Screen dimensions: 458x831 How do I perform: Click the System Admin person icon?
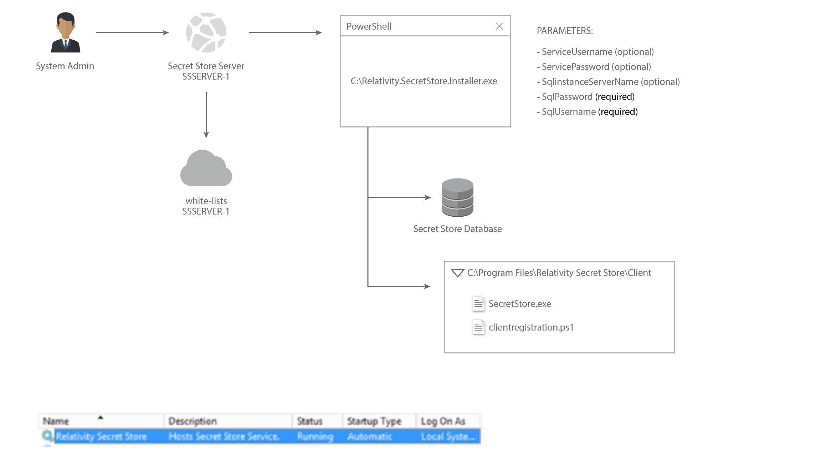(65, 32)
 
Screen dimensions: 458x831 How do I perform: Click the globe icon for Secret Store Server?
(206, 32)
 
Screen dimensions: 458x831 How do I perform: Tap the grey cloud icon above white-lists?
(206, 168)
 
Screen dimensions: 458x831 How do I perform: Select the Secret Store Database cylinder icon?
(457, 197)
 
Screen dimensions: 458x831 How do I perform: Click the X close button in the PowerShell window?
(499, 26)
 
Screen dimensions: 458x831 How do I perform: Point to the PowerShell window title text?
(369, 26)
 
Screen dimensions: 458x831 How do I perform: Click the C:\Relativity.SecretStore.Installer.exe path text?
(424, 81)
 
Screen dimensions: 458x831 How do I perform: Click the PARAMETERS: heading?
(565, 31)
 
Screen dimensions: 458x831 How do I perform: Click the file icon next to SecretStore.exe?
(478, 304)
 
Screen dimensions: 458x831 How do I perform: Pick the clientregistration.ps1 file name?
(531, 327)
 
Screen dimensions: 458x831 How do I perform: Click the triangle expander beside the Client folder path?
(457, 273)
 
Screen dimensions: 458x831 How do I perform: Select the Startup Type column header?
(374, 421)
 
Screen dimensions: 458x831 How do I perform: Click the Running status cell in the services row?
(315, 437)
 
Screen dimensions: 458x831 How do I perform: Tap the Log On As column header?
(443, 421)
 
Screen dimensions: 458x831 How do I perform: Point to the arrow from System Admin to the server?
(132, 32)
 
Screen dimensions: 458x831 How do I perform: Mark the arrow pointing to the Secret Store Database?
(399, 197)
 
